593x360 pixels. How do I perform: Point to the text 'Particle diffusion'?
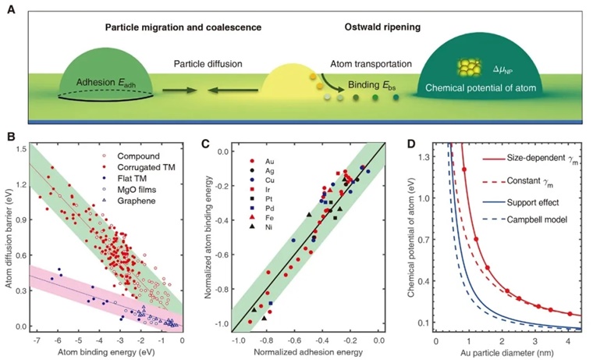tap(208, 62)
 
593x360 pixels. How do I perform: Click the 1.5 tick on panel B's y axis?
tap(19, 148)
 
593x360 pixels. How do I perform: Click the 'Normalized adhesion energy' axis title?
tap(307, 352)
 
